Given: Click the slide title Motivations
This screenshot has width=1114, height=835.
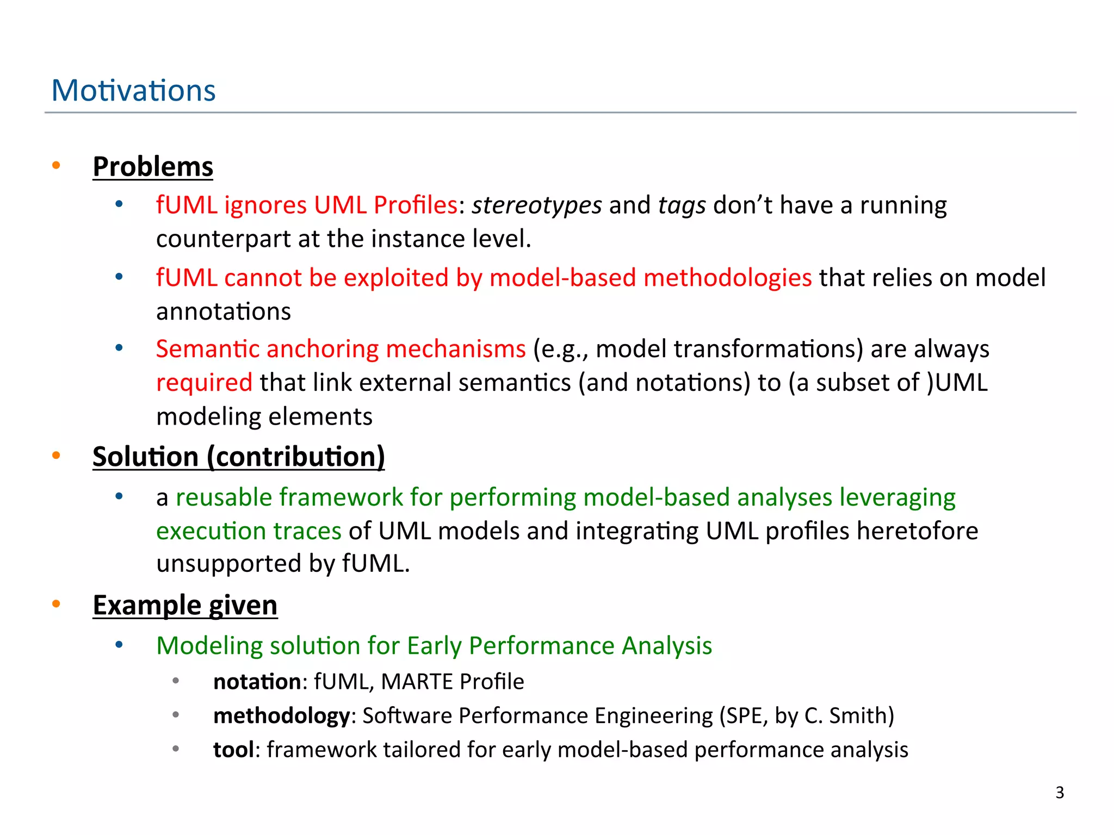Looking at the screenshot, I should [x=133, y=90].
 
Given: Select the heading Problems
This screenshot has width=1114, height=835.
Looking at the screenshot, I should [x=153, y=166].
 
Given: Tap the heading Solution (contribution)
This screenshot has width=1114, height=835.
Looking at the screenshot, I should [x=238, y=456].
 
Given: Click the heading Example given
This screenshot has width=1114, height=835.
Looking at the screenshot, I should [x=185, y=605].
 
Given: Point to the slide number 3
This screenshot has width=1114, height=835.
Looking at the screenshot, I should [x=1059, y=793].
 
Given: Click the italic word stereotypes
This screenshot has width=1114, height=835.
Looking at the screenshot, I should [x=536, y=205].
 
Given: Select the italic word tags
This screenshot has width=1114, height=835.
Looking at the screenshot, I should [x=682, y=205].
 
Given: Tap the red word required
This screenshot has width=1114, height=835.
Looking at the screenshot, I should [x=204, y=383].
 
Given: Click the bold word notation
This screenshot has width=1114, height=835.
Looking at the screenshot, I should [x=257, y=682].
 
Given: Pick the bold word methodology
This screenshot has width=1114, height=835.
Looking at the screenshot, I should [x=281, y=716].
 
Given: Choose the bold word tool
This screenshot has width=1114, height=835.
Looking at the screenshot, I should [x=233, y=750].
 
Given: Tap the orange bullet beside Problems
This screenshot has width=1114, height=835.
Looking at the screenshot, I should [x=56, y=165].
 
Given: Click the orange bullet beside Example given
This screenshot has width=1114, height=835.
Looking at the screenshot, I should [x=56, y=604].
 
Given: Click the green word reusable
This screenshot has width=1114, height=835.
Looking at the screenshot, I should [x=224, y=497].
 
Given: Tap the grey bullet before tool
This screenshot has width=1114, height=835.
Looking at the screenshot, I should [x=176, y=749].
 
